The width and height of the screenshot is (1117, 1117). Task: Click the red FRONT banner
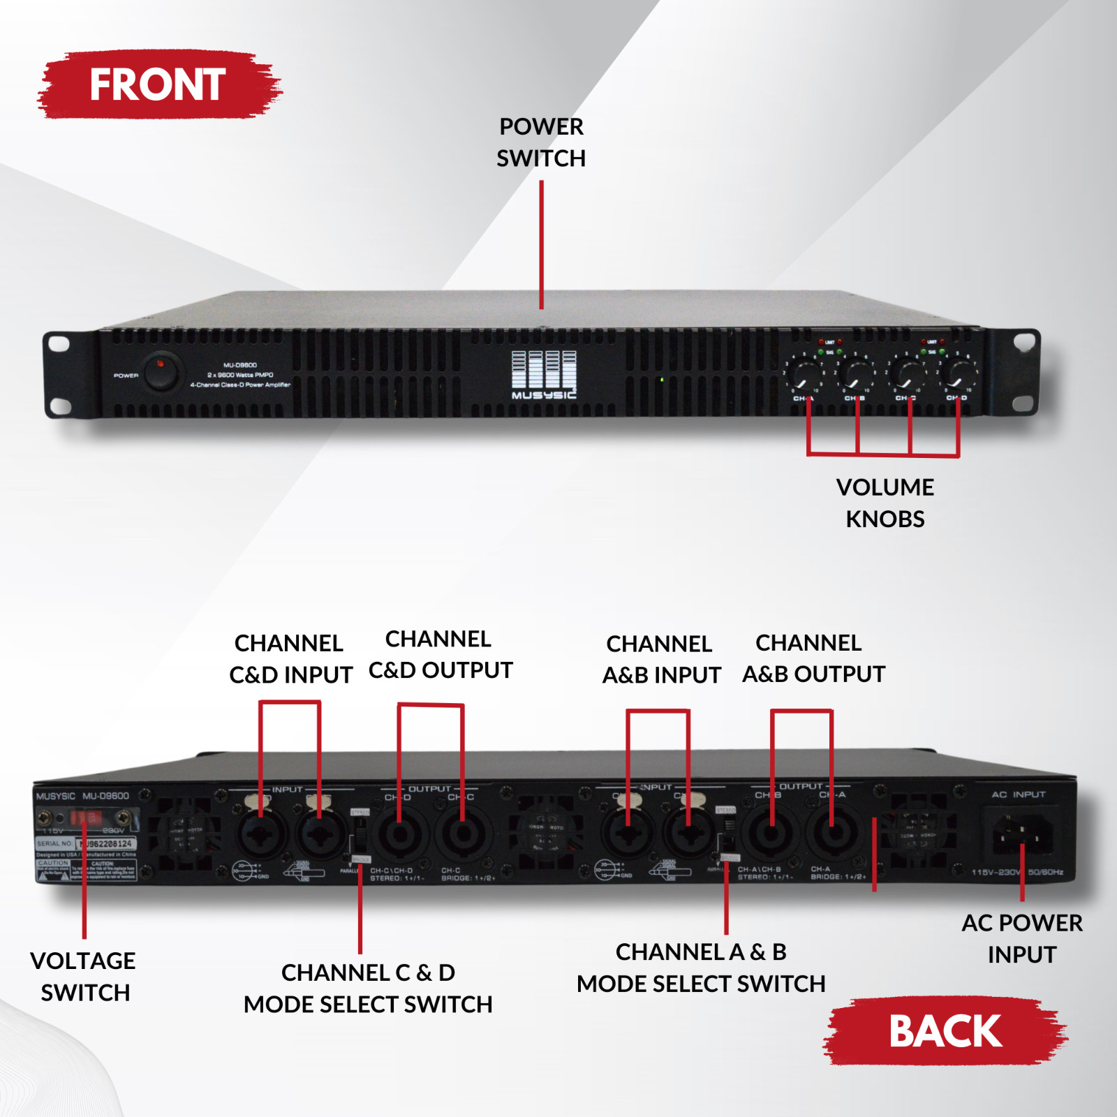click(158, 84)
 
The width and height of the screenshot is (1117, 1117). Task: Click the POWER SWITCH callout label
click(541, 142)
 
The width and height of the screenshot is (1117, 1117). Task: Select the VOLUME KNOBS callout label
click(885, 503)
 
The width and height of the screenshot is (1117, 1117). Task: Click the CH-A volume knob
click(806, 376)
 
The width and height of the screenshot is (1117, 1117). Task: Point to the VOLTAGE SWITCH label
click(84, 976)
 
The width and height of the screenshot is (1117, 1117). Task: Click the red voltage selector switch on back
click(85, 818)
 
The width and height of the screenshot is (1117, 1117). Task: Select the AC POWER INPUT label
click(1021, 938)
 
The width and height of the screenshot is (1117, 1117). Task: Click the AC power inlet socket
click(1021, 833)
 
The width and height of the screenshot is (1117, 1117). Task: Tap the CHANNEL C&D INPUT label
click(290, 658)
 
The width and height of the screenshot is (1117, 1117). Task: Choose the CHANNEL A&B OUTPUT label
click(813, 658)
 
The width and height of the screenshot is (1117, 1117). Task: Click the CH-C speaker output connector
click(462, 834)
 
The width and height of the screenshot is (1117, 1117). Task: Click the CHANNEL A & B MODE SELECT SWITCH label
click(701, 968)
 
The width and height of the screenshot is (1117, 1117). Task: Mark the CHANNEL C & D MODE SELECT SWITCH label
click(368, 988)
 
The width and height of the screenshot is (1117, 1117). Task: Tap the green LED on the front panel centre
click(662, 380)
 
